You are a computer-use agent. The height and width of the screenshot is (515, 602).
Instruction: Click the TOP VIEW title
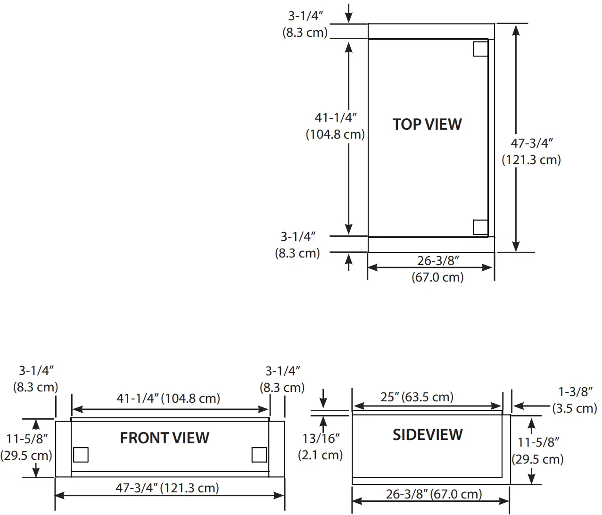click(x=427, y=125)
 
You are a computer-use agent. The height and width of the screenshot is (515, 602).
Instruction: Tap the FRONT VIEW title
click(x=165, y=438)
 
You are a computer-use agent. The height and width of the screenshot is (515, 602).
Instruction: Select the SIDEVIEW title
click(x=428, y=435)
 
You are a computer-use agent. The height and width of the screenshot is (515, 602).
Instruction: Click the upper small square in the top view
click(x=480, y=49)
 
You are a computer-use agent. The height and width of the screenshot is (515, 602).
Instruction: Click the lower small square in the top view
click(x=480, y=227)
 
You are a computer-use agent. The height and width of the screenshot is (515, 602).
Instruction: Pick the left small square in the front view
click(x=81, y=455)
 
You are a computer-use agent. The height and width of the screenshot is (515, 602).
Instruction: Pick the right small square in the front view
click(x=259, y=455)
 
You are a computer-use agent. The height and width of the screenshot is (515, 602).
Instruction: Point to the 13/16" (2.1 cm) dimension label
click(x=321, y=447)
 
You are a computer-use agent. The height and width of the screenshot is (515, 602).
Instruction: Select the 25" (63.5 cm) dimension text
click(x=417, y=397)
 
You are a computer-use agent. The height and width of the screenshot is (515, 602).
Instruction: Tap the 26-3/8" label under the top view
click(x=437, y=269)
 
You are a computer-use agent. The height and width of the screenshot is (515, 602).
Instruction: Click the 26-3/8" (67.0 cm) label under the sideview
click(x=434, y=494)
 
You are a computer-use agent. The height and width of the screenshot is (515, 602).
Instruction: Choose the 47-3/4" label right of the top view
click(x=531, y=151)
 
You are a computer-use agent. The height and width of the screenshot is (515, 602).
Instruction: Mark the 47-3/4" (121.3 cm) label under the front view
click(x=167, y=488)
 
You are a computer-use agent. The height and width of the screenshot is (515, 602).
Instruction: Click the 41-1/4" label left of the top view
click(x=335, y=126)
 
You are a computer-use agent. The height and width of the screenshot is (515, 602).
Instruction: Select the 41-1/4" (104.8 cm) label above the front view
click(x=168, y=399)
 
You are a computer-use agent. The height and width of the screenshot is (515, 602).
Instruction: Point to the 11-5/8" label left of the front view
click(x=26, y=447)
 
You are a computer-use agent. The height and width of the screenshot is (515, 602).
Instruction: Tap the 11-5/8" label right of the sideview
click(x=538, y=450)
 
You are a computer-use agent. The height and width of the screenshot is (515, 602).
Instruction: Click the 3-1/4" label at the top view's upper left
click(x=305, y=24)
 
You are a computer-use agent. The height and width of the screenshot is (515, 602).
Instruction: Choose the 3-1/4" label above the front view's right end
click(x=282, y=379)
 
